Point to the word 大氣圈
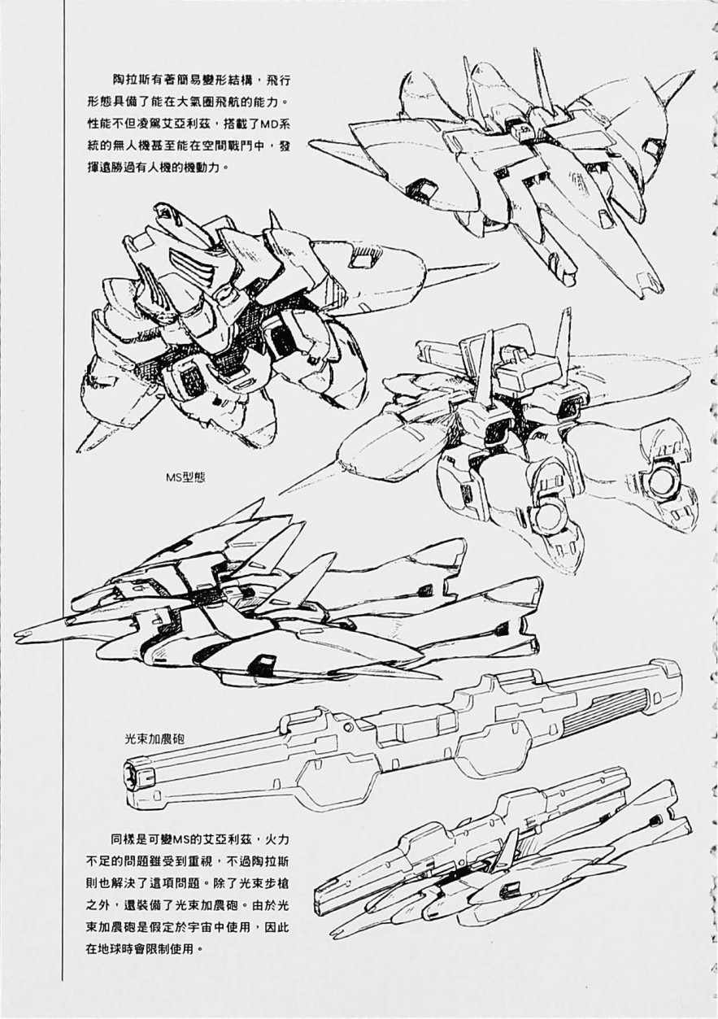[211, 104]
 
